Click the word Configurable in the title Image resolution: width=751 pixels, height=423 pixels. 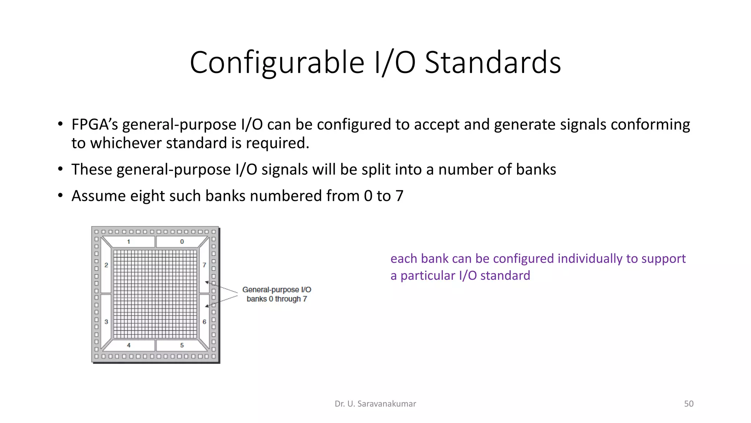pyautogui.click(x=277, y=63)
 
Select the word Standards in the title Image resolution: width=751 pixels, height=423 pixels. pyautogui.click(x=492, y=63)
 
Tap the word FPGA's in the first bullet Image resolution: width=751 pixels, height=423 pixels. pyautogui.click(x=95, y=124)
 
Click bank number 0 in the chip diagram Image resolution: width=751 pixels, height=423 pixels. pyautogui.click(x=182, y=242)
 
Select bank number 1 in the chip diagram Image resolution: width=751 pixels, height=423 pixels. pyautogui.click(x=129, y=242)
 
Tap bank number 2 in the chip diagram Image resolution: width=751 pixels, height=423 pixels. pyautogui.click(x=106, y=265)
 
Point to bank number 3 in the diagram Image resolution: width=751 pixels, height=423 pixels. pyautogui.click(x=106, y=322)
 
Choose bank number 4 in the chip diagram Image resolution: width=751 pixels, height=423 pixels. pyautogui.click(x=129, y=345)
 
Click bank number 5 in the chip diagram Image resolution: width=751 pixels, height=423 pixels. pyautogui.click(x=182, y=345)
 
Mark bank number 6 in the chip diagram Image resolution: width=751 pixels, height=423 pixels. pyautogui.click(x=204, y=322)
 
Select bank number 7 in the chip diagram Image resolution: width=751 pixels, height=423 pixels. pyautogui.click(x=204, y=265)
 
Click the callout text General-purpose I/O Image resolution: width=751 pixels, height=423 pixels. pyautogui.click(x=276, y=290)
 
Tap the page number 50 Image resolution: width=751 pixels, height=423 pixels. pyautogui.click(x=689, y=404)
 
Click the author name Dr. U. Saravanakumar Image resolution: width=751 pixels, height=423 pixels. pyautogui.click(x=375, y=404)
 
